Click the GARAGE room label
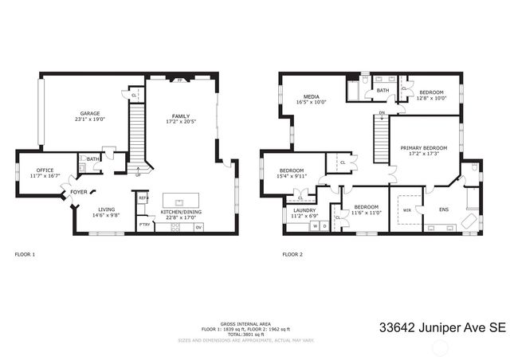[x=90, y=114]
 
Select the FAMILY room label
[x=181, y=116]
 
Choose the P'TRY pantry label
[x=144, y=225]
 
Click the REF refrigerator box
[x=143, y=198]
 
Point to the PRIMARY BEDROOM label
[x=424, y=148]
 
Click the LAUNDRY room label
[x=304, y=210]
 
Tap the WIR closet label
[x=407, y=211]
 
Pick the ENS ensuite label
[x=444, y=210]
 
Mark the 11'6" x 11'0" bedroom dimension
[x=367, y=213]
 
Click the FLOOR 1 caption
[x=25, y=255]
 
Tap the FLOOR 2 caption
[x=292, y=255]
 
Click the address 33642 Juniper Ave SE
[x=442, y=327]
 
